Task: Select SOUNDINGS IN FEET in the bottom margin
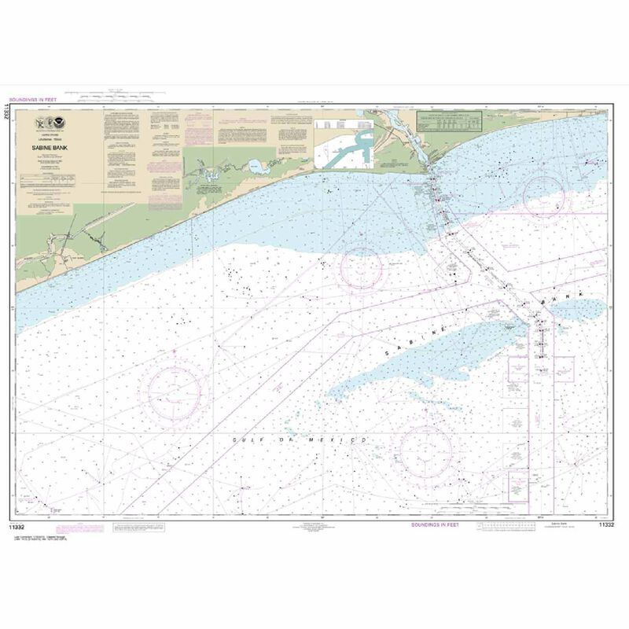point(436,523)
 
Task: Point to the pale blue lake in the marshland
point(255,167)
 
